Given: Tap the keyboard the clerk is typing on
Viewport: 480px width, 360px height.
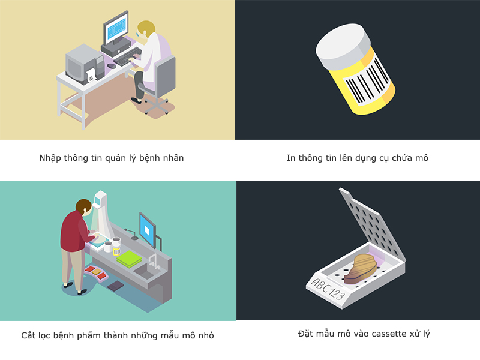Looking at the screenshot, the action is pos(127,57).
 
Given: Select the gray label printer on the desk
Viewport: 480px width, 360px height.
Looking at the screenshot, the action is pos(85,64).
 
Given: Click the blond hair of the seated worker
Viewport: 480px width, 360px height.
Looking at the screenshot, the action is pos(146,28).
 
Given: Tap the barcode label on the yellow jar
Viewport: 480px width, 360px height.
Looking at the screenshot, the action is pos(367,82).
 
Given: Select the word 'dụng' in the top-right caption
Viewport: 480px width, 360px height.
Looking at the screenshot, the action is pos(365,158).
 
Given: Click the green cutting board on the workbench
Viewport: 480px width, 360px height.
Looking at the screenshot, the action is pos(129,259).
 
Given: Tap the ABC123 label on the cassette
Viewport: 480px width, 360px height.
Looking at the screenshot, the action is pos(328,289).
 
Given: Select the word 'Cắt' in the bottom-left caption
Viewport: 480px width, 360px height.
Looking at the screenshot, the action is pos(28,335).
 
